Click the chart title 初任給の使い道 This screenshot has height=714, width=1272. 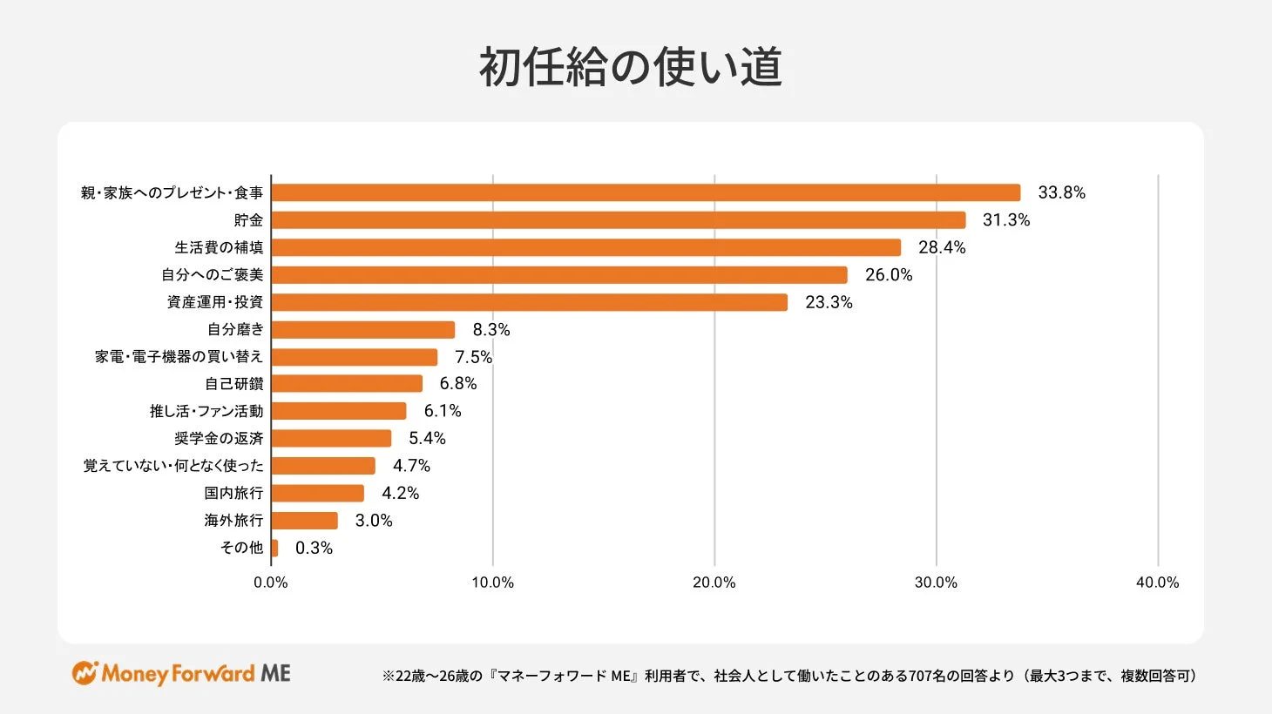pos(631,67)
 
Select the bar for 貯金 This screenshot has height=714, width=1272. pos(619,220)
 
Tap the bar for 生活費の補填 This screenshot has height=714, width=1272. pos(585,247)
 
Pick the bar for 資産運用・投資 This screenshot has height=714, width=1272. pos(529,302)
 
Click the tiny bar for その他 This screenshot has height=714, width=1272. pos(275,548)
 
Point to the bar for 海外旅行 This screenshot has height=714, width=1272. pos(305,521)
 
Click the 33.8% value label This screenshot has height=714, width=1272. pos(1061,192)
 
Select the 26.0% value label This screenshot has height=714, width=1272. pos(889,275)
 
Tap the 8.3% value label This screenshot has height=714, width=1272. pos(491,330)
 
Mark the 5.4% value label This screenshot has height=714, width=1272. pos(427,439)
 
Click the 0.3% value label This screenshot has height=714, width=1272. pos(314,548)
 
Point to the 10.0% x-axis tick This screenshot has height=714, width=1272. pos(492,583)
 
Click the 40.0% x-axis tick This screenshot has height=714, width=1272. pos(1157,583)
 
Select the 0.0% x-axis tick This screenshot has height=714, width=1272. pos(271,583)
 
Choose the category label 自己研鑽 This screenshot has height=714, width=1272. pos(233,384)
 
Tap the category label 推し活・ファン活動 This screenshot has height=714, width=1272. pos(206,411)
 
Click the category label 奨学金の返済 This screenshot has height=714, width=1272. pos(219,439)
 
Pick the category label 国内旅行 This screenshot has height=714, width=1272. pos(233,493)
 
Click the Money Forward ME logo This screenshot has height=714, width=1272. pos(181,673)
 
